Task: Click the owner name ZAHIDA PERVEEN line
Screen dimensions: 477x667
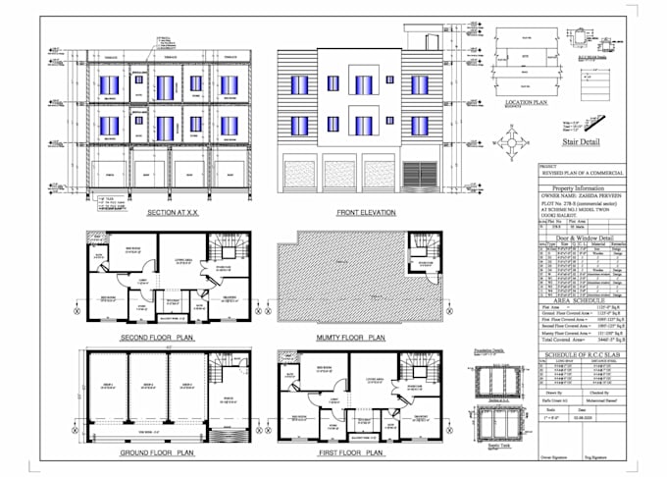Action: click(x=590, y=195)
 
